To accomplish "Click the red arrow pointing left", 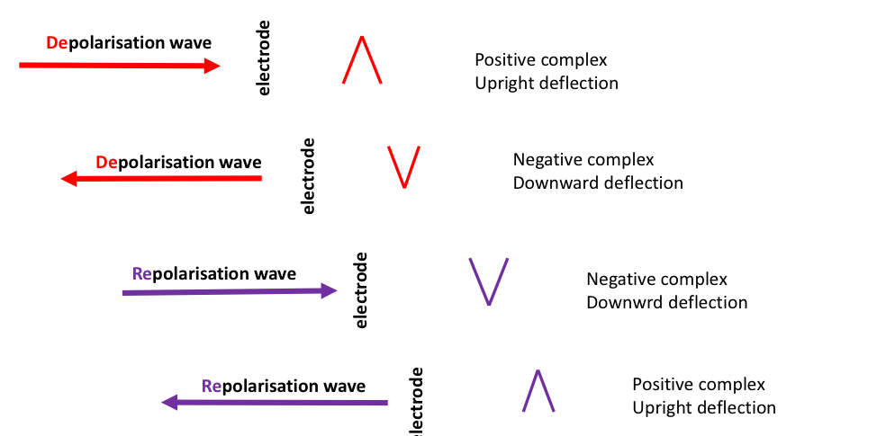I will [161, 179].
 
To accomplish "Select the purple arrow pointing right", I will [230, 291].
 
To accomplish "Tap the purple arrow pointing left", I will [275, 403].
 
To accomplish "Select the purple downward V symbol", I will [489, 280].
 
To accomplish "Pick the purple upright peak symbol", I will [538, 391].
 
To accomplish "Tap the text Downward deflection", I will [598, 183].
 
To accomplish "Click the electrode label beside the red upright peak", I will [264, 58].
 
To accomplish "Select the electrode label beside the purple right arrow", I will [361, 289].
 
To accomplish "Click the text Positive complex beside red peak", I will [541, 60].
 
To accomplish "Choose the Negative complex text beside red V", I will [583, 160].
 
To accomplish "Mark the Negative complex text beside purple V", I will [656, 280].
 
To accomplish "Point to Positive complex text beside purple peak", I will [699, 385].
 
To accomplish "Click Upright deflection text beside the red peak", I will [547, 84].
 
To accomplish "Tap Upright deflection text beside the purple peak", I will [704, 408].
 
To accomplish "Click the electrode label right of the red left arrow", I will [309, 175].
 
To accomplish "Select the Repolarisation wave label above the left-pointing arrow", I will [284, 387].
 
